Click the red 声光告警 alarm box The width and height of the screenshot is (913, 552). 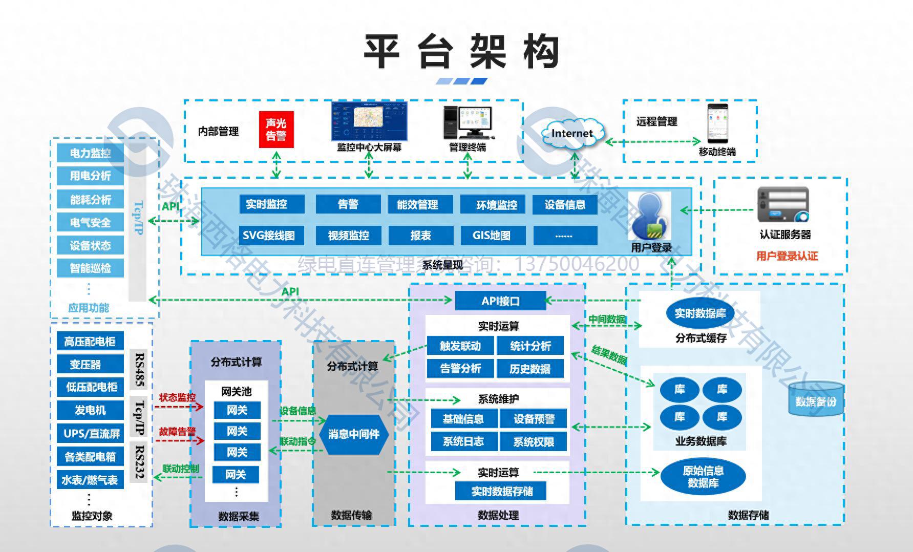click(x=276, y=130)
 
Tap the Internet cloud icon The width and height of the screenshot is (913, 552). click(x=571, y=134)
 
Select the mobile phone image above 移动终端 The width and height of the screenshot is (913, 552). click(x=717, y=123)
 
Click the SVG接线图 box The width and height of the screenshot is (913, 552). click(x=269, y=236)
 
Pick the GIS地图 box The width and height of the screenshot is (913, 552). click(x=492, y=236)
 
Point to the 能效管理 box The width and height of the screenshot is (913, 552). click(x=418, y=204)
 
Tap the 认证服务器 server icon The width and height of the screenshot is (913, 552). click(x=783, y=205)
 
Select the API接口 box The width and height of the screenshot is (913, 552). click(x=500, y=301)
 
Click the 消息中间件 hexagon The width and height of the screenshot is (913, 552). click(x=353, y=434)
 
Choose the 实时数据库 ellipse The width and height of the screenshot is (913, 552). click(x=700, y=313)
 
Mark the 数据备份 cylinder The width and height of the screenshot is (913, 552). click(x=815, y=399)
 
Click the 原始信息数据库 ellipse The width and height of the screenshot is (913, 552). click(x=703, y=476)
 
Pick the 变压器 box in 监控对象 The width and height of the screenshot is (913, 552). click(x=86, y=365)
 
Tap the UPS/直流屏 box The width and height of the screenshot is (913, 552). click(x=91, y=434)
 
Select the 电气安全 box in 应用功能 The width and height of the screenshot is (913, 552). click(x=90, y=223)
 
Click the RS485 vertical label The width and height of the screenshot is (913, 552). click(x=139, y=369)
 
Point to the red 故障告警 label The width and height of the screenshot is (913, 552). click(x=177, y=432)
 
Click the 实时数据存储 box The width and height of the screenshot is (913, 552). click(x=501, y=491)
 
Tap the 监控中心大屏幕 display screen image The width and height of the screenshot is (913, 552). click(x=369, y=121)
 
